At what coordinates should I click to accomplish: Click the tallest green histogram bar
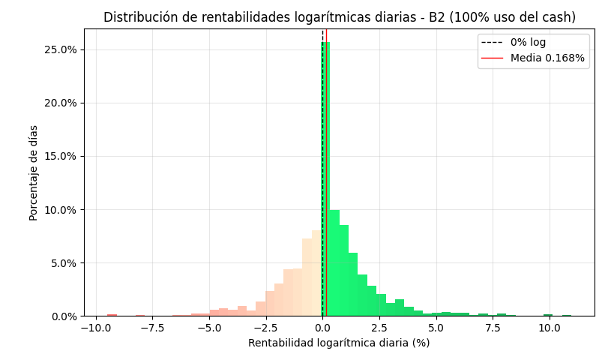[325, 180]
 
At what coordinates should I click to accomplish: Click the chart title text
[340, 17]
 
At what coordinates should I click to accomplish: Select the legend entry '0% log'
[528, 43]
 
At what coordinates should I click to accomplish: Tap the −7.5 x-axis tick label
[151, 328]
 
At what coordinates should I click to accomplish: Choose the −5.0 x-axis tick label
[208, 328]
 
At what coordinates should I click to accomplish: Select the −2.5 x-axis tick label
[265, 328]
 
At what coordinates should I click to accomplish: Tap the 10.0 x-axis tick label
[550, 328]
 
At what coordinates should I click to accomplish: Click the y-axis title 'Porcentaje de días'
[34, 172]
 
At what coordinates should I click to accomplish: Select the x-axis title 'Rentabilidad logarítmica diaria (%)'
[339, 343]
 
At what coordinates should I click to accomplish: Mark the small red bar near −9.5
[112, 315]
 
